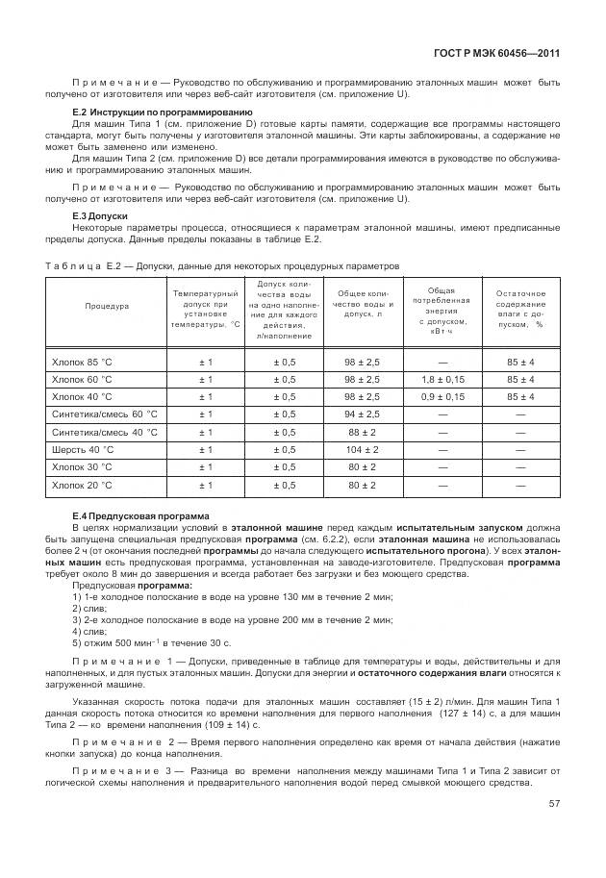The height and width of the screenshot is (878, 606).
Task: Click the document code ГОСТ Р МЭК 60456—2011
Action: coord(505,56)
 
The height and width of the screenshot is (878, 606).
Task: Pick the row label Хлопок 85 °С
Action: coord(82,362)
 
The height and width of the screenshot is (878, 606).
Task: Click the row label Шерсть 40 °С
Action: coord(82,449)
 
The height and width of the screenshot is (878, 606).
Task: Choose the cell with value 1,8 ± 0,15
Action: coord(442,379)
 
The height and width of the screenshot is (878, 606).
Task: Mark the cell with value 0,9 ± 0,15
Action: coord(442,396)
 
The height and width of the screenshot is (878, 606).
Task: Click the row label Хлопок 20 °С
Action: coord(82,485)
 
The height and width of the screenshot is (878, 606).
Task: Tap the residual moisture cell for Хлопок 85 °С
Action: coord(520,362)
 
